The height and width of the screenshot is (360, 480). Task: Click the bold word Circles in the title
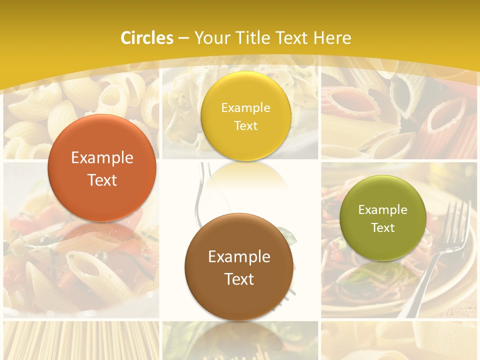147,38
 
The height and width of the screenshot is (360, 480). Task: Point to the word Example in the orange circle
102,158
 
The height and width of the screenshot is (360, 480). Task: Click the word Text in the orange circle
102,180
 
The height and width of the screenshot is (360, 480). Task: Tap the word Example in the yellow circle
246,108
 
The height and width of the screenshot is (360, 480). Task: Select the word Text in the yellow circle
246,125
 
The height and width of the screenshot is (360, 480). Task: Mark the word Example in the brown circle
239,256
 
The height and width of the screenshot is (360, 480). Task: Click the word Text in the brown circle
239,279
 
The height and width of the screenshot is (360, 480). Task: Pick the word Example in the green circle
383,210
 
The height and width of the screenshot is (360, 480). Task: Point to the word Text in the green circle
383,227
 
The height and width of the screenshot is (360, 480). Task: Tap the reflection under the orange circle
102,235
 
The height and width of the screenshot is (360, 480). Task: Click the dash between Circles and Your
183,38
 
